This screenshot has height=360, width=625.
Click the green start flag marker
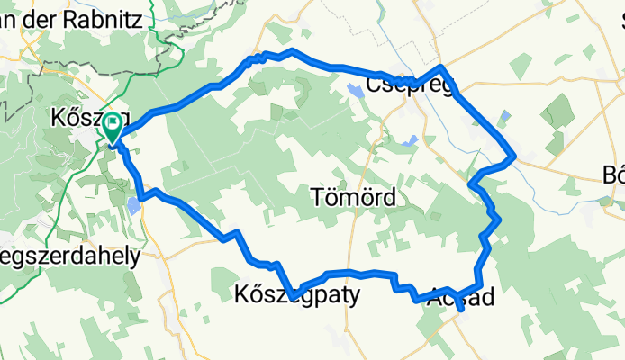point(113,126)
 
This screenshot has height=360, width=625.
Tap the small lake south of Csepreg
point(411,140)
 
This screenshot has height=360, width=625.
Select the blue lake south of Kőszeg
point(133,206)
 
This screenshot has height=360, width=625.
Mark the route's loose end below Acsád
point(462,311)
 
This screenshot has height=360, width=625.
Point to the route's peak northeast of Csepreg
point(441,67)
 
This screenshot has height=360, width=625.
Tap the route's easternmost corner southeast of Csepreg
point(513,157)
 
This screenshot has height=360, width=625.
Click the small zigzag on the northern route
point(257,58)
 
